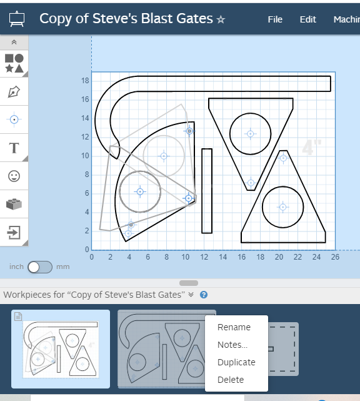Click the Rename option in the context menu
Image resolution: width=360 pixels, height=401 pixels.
coord(234,327)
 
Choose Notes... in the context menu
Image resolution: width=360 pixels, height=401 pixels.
coord(232,345)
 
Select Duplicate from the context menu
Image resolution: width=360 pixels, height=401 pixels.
coord(236,362)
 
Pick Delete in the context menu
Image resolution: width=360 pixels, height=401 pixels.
coord(231,380)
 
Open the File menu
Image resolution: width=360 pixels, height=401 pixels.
coord(275,19)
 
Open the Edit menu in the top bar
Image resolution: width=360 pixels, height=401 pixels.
coord(307,19)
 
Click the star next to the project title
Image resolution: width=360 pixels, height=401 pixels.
coord(221,20)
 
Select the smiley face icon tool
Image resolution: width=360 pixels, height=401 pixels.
coord(14,176)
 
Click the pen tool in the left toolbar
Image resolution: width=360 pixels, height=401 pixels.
coord(14,92)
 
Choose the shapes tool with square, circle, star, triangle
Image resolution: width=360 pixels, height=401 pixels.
coord(14,63)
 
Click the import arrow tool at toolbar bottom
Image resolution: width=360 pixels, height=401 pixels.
coord(14,233)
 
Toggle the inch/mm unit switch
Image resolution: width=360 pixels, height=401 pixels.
coord(40,266)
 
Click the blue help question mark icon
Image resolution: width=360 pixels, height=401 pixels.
coord(204,295)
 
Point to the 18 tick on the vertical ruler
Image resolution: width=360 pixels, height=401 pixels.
coord(86,81)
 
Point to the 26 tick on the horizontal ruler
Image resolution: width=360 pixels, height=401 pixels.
coord(334,256)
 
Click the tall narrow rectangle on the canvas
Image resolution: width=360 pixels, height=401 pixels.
coord(207,191)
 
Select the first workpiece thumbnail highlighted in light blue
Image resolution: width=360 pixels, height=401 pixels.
coord(61,348)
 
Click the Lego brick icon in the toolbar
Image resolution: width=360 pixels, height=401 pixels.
coord(14,204)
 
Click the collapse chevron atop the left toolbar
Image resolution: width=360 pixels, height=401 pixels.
coord(14,42)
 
